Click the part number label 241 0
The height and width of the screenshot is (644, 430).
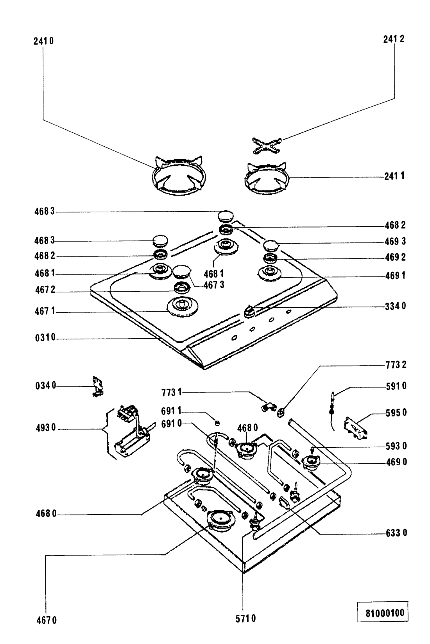point(43,41)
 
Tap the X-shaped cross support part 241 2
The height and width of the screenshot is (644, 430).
point(267,146)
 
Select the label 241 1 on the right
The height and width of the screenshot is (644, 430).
point(394,176)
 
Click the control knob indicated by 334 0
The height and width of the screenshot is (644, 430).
point(249,312)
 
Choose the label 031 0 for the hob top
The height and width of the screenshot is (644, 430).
point(45,337)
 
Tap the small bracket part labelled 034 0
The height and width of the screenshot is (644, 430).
point(97,386)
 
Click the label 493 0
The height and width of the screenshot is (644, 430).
point(46,428)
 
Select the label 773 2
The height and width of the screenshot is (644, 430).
point(396,365)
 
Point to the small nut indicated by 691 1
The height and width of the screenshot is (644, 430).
point(217,423)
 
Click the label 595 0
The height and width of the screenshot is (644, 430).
point(396,413)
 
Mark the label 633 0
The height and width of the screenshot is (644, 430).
point(397,533)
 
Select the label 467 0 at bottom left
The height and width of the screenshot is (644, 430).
point(47,621)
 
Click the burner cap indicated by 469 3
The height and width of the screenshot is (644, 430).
point(271,246)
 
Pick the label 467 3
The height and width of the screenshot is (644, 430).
point(214,285)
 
